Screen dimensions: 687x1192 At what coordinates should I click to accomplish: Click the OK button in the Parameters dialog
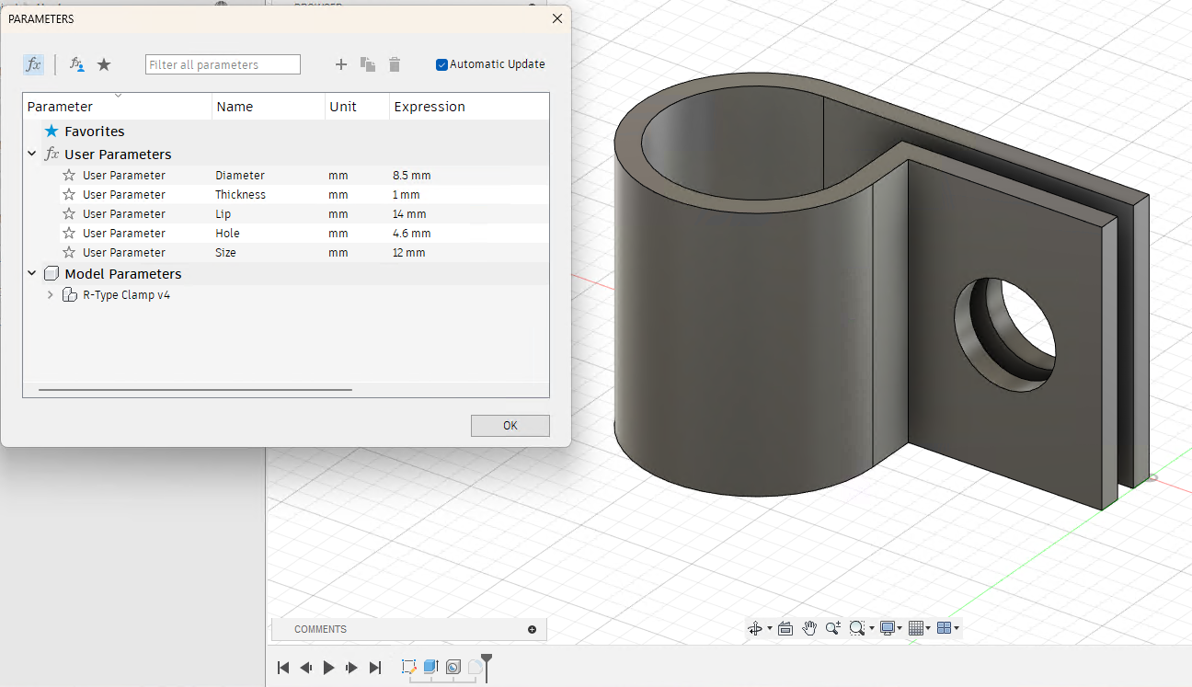[x=510, y=426]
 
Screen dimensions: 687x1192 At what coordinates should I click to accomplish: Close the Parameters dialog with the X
[x=556, y=18]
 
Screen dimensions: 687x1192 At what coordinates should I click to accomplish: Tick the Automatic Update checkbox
[x=442, y=64]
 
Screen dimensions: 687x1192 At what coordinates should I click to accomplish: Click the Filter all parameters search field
[x=223, y=64]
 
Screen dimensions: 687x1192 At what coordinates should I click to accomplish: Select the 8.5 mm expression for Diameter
[x=411, y=176]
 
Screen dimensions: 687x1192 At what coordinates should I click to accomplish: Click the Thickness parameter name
[x=240, y=195]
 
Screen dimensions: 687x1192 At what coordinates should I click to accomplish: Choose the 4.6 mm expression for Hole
[x=411, y=234]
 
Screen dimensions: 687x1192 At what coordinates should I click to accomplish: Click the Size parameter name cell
[x=225, y=253]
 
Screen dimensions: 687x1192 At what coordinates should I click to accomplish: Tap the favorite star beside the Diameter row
[x=69, y=176]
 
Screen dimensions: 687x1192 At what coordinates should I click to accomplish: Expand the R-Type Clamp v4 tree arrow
[x=50, y=295]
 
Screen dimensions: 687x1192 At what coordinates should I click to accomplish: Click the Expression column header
[x=430, y=107]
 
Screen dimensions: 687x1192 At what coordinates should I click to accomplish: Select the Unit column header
[x=342, y=107]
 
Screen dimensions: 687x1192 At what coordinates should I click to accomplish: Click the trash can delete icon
[x=395, y=64]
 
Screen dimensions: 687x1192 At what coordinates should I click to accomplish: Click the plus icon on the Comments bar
[x=532, y=629]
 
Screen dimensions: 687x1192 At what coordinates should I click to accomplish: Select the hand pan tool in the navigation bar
[x=809, y=628]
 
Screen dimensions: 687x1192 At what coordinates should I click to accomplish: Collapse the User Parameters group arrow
[x=32, y=155]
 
